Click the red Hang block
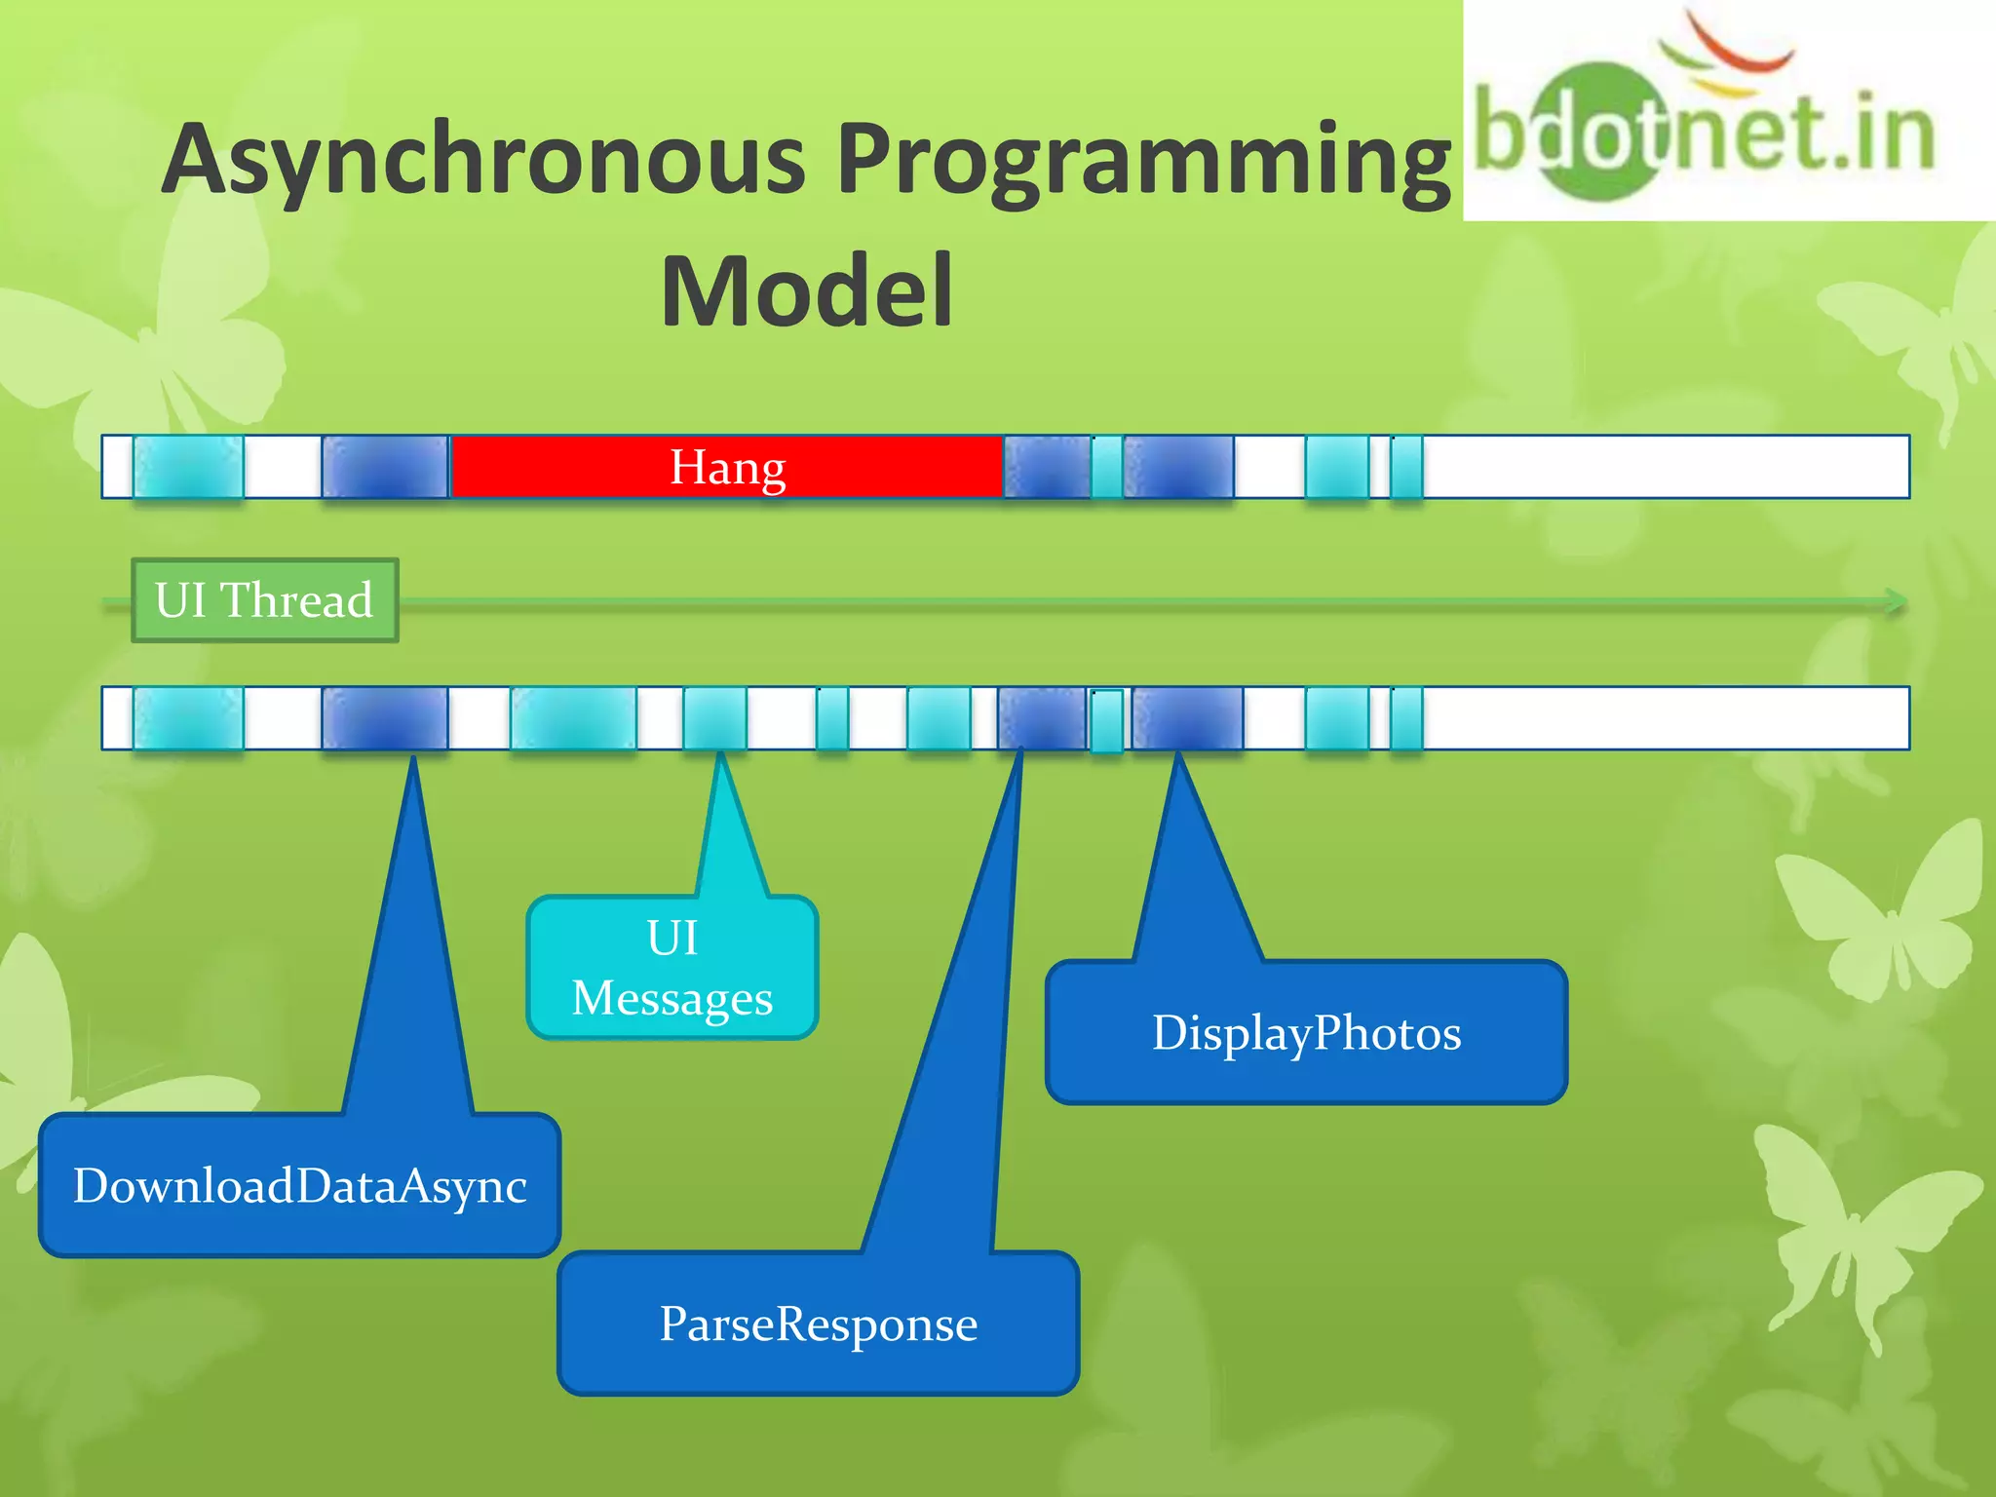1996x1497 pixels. (x=726, y=467)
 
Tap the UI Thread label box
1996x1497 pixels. (x=264, y=599)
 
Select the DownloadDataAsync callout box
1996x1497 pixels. (x=299, y=1185)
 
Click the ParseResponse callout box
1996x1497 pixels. (x=818, y=1324)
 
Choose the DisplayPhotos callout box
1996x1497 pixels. (x=1306, y=1033)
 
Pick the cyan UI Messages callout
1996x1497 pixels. (x=672, y=968)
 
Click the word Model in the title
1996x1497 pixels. (x=806, y=290)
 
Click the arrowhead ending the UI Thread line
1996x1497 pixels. (x=1895, y=601)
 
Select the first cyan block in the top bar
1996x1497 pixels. (x=188, y=467)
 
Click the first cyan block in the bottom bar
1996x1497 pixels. (x=188, y=718)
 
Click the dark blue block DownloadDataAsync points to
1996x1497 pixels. (x=385, y=718)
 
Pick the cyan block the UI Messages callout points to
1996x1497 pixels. (x=714, y=718)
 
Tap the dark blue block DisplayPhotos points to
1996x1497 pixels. (x=1187, y=718)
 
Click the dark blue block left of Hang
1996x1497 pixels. (x=385, y=467)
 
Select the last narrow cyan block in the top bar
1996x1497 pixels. (x=1405, y=467)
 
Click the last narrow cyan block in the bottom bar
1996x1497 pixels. (x=1405, y=718)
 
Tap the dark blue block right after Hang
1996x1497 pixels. (x=1047, y=467)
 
